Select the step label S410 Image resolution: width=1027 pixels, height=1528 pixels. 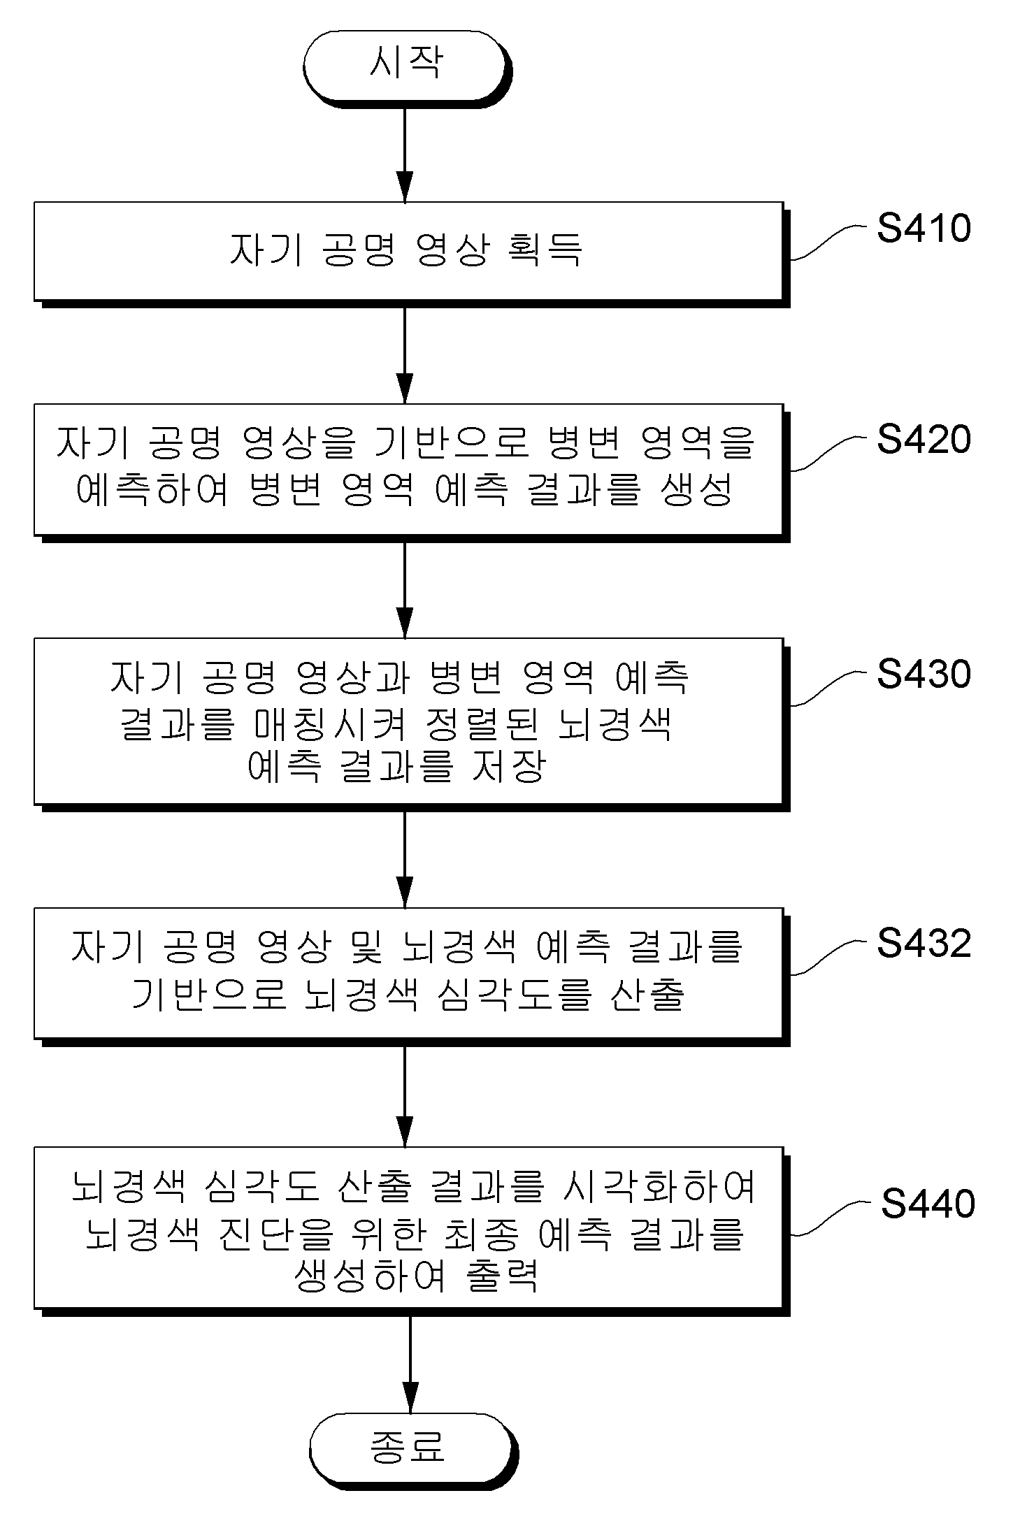click(x=924, y=228)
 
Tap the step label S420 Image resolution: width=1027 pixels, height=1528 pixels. click(x=924, y=439)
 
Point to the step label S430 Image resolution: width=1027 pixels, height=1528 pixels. click(x=924, y=674)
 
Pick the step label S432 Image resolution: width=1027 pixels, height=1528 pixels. click(x=924, y=943)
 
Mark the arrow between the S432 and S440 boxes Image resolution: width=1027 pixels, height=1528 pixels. click(x=405, y=1093)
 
